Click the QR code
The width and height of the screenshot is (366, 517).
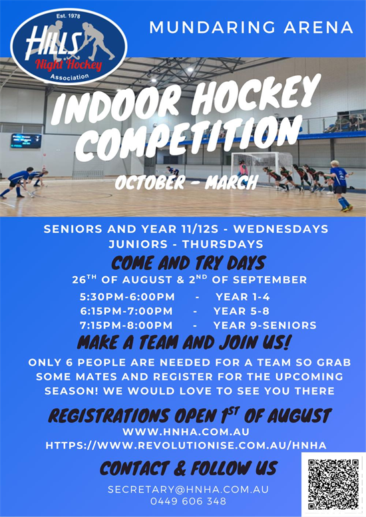click(x=333, y=484)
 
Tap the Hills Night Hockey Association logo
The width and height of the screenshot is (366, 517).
click(x=69, y=47)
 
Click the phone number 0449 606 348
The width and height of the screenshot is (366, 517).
click(x=188, y=501)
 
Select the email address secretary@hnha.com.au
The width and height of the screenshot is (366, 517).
click(x=188, y=489)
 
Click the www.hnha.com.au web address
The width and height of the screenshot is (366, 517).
click(x=186, y=432)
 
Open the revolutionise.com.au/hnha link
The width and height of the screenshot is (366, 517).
click(x=186, y=445)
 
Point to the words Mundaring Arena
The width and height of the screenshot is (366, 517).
click(x=252, y=27)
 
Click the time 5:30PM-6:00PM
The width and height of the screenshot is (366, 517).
click(x=127, y=297)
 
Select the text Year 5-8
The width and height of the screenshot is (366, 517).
click(x=242, y=311)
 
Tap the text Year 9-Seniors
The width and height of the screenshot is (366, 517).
click(x=265, y=325)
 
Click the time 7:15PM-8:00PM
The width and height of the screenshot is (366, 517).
click(x=126, y=325)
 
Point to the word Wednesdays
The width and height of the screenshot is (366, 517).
click(x=281, y=229)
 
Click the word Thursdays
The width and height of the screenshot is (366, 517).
click(x=222, y=244)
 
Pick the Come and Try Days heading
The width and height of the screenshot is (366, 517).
click(x=188, y=263)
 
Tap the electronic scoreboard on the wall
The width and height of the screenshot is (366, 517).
click(x=26, y=141)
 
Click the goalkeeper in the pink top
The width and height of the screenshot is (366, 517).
click(x=242, y=169)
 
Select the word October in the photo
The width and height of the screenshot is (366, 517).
click(x=150, y=182)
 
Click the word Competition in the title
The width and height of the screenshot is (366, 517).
click(x=188, y=138)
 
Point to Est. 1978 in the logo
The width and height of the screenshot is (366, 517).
click(x=69, y=16)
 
